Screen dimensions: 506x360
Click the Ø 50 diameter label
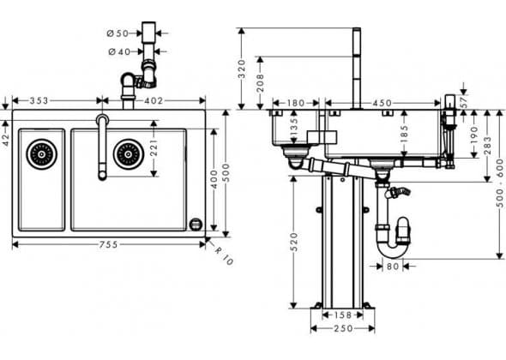(117, 33)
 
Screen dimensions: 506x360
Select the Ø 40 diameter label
(119, 51)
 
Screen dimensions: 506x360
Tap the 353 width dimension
(39, 101)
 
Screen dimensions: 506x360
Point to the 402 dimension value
(154, 101)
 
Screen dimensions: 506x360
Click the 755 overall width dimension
(108, 245)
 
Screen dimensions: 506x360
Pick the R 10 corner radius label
(224, 256)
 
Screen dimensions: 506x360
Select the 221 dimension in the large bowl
(154, 147)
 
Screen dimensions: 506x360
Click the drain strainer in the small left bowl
(42, 154)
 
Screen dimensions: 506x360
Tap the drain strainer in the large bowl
(129, 154)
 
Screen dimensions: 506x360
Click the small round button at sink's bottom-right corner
(196, 225)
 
